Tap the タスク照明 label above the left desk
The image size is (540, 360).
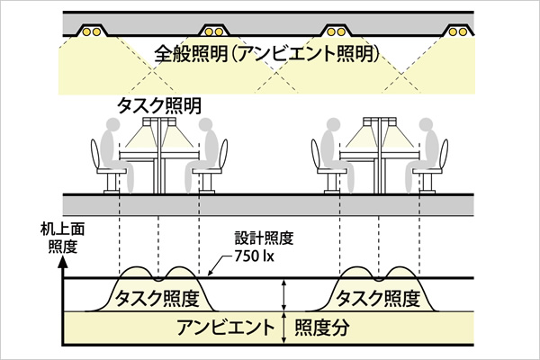point(159,104)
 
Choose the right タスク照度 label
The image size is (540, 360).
point(378,297)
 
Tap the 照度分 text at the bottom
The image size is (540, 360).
point(319,327)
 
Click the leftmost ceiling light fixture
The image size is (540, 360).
point(92,29)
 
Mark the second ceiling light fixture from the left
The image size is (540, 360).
point(212,29)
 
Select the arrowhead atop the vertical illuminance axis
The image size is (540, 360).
point(64,265)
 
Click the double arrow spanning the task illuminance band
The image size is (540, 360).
point(284,294)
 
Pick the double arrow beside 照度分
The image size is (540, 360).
point(284,328)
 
